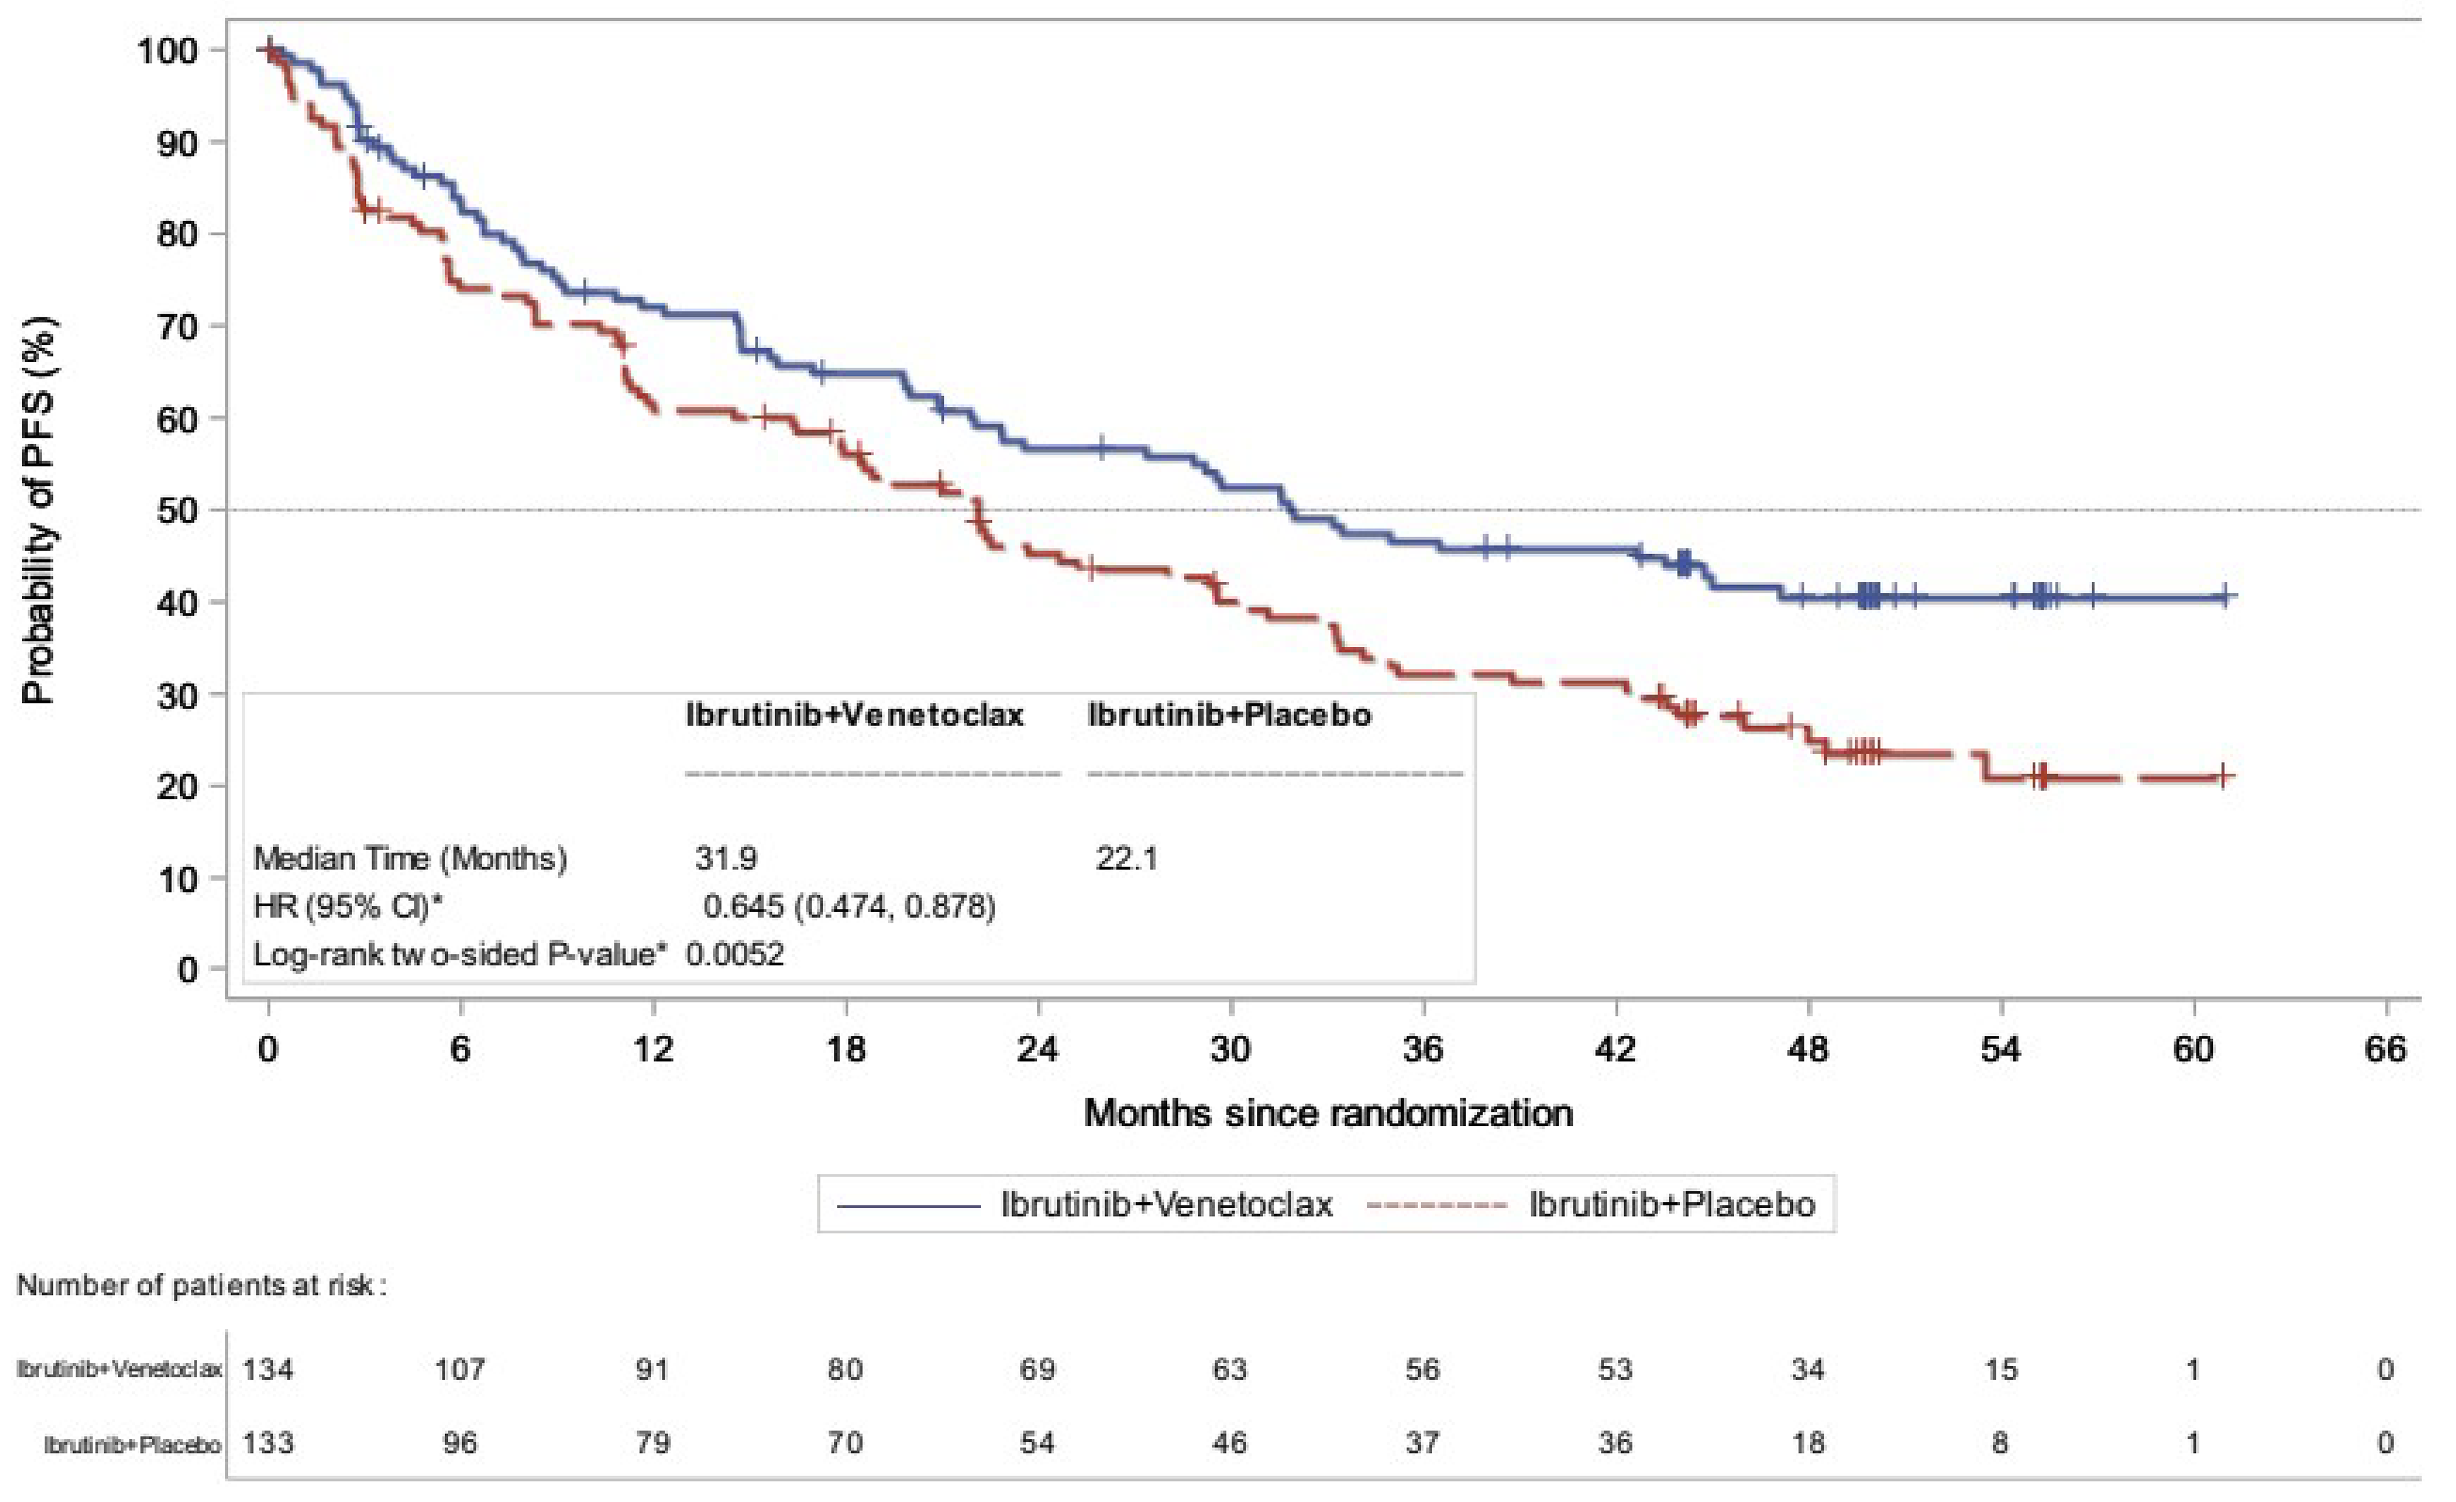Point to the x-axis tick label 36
click(1423, 1049)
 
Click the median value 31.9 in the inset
click(725, 858)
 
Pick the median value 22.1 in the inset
click(1127, 858)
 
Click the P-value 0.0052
click(735, 955)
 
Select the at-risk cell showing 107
click(460, 1370)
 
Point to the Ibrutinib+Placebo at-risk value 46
click(1229, 1443)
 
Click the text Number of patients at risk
click(200, 1286)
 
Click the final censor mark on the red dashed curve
click(2223, 777)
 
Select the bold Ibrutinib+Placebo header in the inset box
click(1229, 715)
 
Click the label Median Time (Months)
click(410, 858)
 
